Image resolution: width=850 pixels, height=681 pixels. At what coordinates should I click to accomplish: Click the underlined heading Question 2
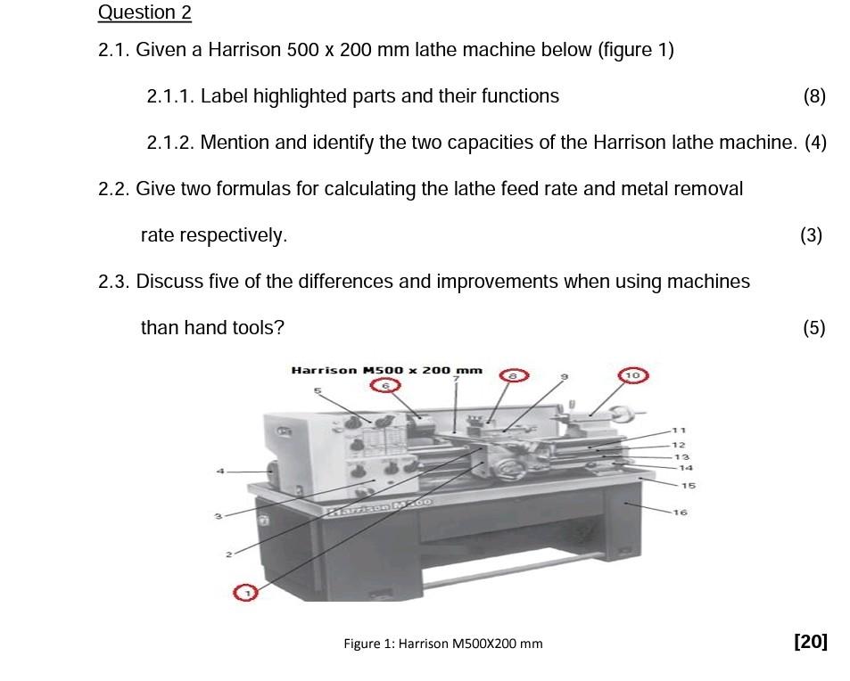(x=144, y=12)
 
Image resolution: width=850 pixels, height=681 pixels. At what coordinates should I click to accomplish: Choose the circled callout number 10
(x=632, y=375)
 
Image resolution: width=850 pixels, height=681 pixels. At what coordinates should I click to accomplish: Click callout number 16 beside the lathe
(x=681, y=513)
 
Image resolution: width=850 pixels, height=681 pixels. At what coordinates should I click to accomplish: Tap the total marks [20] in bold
(x=810, y=642)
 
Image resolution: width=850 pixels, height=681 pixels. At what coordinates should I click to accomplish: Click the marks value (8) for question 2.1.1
(x=814, y=96)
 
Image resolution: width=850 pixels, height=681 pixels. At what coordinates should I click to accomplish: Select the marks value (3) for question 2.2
(x=811, y=235)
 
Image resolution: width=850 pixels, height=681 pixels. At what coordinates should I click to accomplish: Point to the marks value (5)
(x=813, y=328)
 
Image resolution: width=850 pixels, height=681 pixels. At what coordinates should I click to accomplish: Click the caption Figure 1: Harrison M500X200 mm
(x=442, y=644)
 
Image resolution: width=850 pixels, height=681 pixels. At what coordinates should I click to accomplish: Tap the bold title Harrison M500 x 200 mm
(x=386, y=370)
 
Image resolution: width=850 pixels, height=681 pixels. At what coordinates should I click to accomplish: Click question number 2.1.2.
(x=169, y=143)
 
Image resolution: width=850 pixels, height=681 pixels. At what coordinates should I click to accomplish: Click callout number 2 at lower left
(x=228, y=554)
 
